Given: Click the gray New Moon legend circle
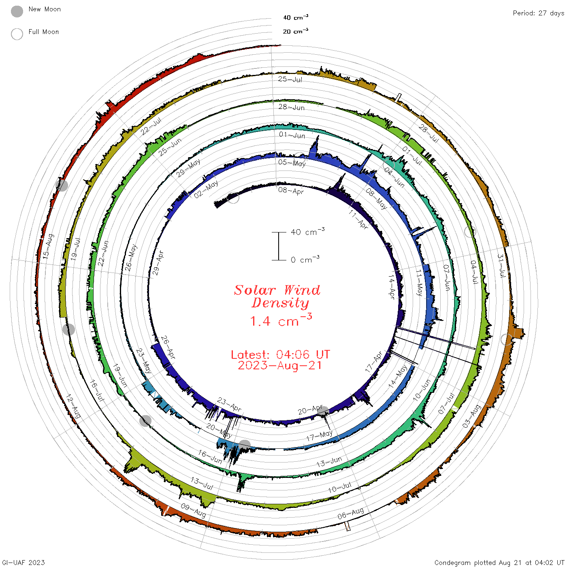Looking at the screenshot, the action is (17, 11).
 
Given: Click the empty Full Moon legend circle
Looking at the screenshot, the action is (17, 34).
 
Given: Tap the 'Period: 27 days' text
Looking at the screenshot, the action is (539, 13).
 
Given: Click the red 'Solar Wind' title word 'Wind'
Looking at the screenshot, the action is (302, 290).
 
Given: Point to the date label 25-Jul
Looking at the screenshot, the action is (290, 79).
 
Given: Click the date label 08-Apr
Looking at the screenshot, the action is (291, 191).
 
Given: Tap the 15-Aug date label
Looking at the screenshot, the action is (49, 246).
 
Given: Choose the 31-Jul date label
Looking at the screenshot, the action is (502, 265).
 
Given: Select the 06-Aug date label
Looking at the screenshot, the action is (351, 514).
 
